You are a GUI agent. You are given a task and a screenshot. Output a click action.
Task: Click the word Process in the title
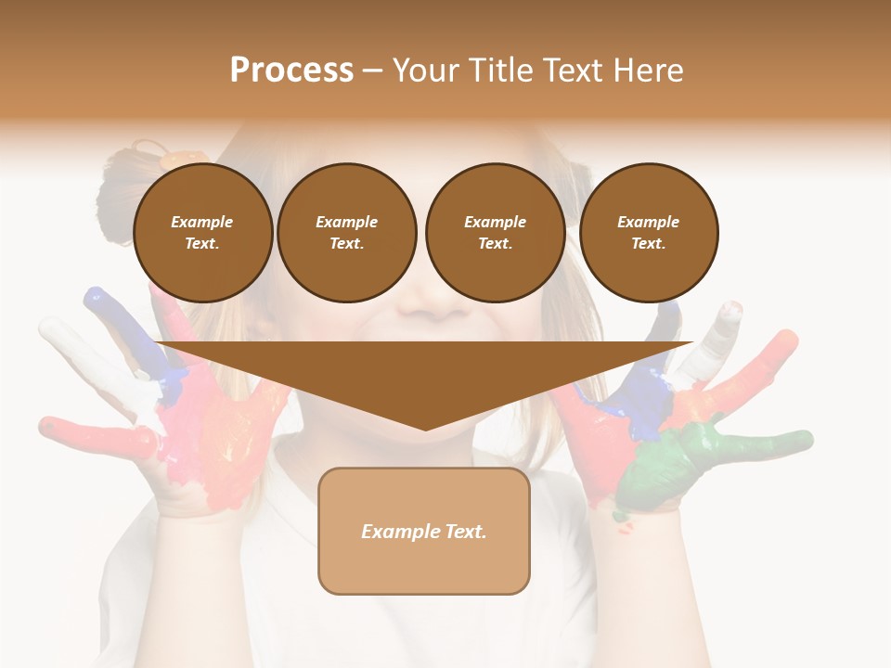(291, 71)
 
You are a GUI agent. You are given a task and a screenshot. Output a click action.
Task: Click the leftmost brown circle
(202, 232)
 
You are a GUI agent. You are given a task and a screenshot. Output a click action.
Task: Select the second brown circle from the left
(346, 232)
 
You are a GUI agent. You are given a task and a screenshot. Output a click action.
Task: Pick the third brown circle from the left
(495, 232)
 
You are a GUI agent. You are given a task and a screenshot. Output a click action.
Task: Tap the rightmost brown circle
(648, 232)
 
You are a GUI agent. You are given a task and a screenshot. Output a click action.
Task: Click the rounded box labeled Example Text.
(424, 531)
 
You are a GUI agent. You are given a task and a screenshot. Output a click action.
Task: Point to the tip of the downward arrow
(425, 428)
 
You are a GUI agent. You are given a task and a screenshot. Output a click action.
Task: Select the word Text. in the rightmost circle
(648, 244)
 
